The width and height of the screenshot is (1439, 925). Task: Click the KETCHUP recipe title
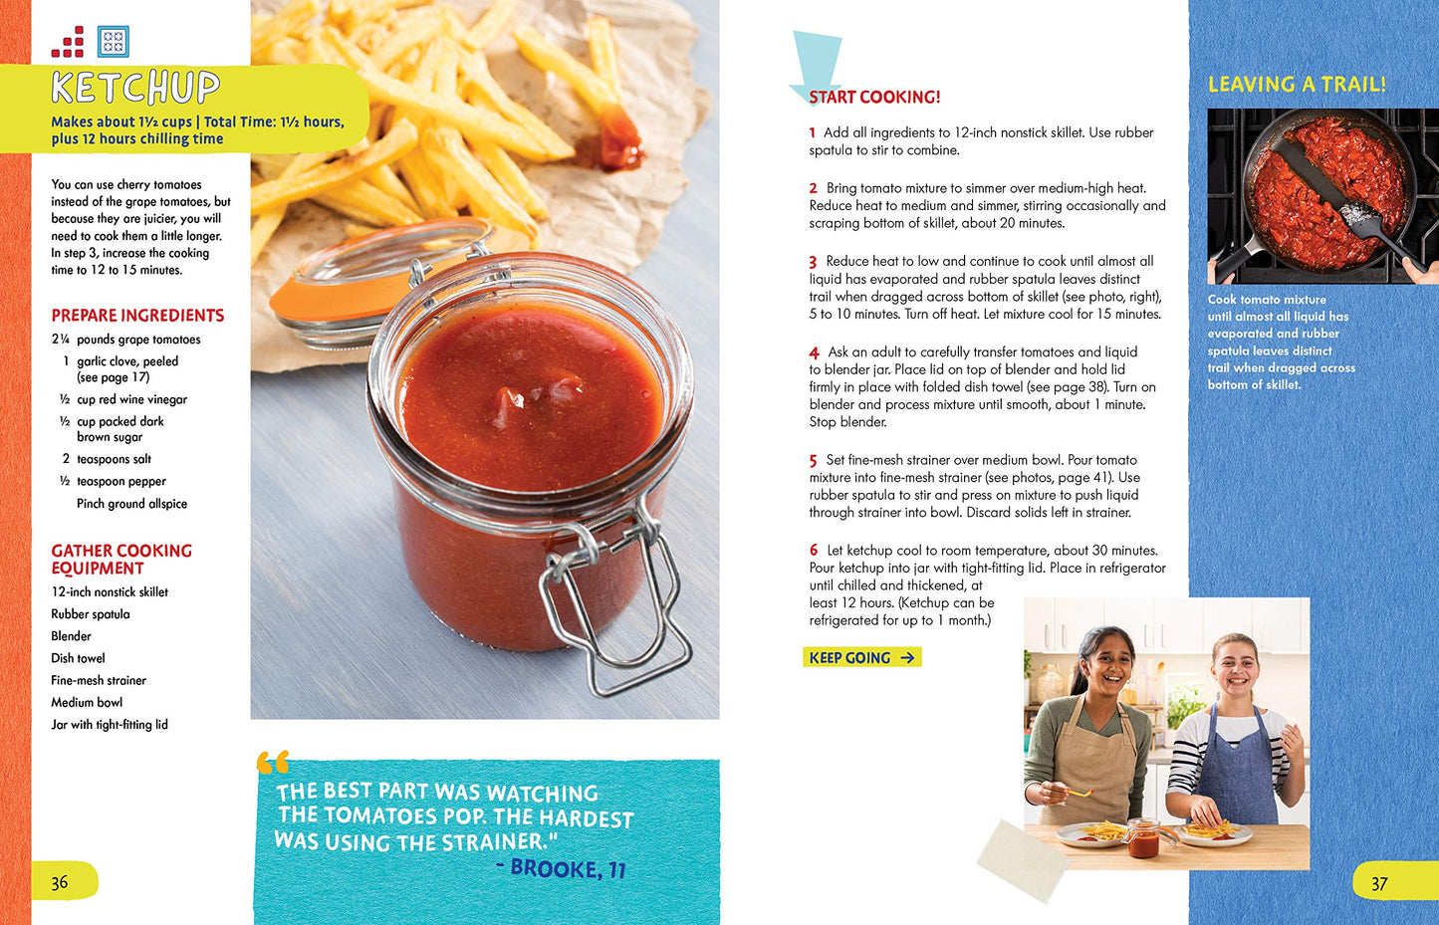tap(135, 87)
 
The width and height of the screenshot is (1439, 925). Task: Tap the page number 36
tap(59, 882)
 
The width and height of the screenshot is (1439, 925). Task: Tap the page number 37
tap(1379, 884)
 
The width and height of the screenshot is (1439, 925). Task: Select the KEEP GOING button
tap(862, 657)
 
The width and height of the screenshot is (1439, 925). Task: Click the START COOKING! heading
tap(874, 97)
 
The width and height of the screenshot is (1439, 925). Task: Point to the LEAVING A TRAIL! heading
tap(1297, 85)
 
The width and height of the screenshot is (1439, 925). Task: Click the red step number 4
tap(814, 352)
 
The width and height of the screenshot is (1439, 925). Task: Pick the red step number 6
tap(814, 551)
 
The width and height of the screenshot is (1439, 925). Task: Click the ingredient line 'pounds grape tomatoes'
tap(138, 340)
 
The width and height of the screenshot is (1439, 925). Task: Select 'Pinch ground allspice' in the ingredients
tap(131, 504)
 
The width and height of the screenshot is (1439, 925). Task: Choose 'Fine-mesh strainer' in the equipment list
tap(99, 680)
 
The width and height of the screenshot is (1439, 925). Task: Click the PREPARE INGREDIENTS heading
tap(137, 316)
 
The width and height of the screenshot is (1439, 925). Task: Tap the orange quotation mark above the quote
tap(273, 763)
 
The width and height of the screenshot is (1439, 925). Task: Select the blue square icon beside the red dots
tap(114, 42)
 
